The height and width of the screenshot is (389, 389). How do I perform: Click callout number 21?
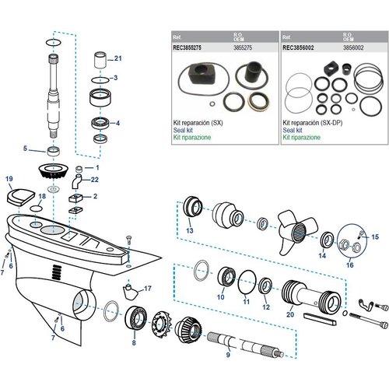118,59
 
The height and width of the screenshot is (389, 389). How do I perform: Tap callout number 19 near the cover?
9,180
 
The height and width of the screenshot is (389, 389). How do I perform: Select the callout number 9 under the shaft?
227,356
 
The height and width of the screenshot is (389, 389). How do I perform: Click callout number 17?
148,289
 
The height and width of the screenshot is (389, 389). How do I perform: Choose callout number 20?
290,315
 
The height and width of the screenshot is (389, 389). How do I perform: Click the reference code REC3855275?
187,45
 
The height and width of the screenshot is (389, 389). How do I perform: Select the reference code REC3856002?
300,45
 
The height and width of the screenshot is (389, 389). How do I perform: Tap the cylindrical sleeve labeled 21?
100,61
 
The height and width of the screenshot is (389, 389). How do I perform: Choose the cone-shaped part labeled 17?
129,293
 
